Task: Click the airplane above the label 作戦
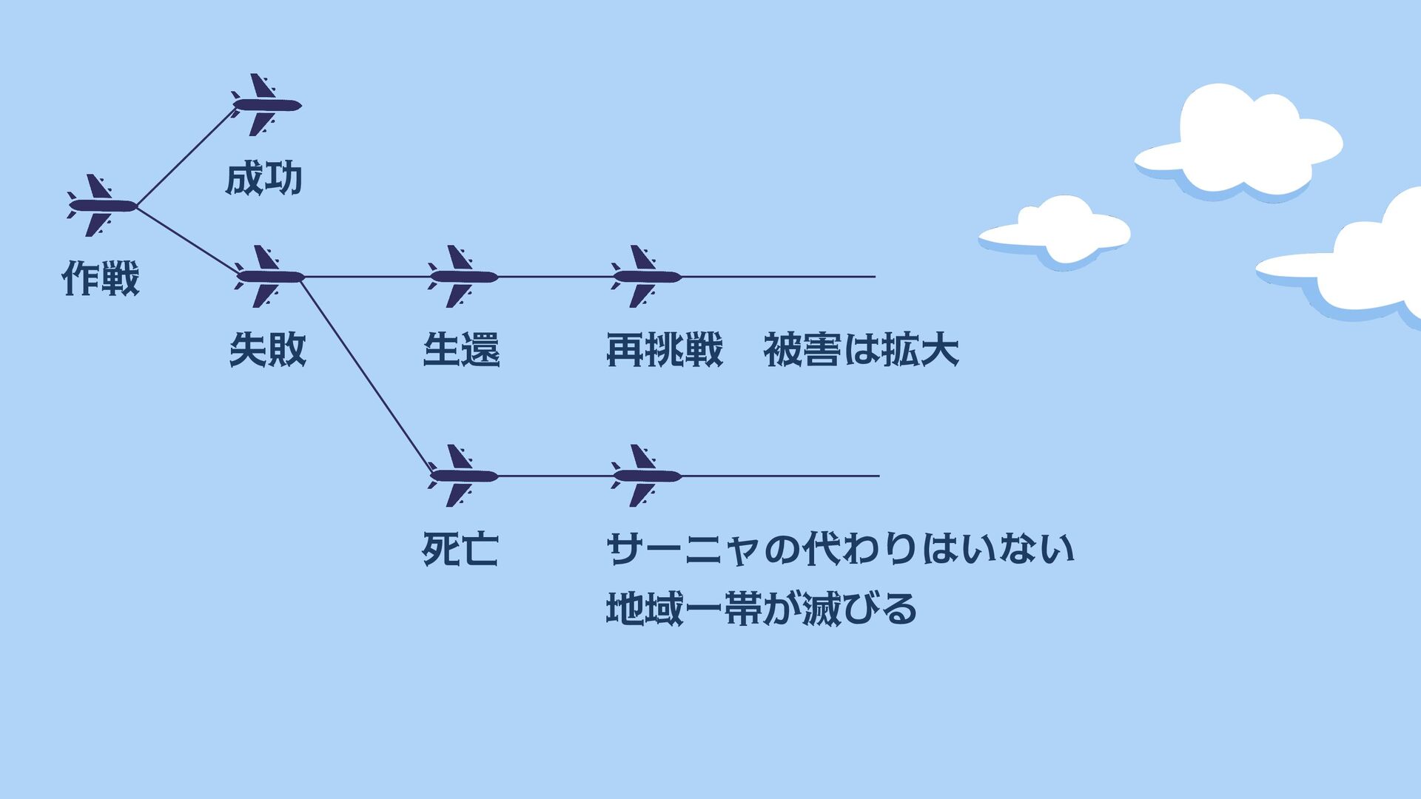click(x=101, y=206)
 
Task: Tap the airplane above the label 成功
click(x=266, y=105)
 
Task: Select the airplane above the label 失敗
click(x=269, y=277)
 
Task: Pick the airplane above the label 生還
click(x=463, y=277)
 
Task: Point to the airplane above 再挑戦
click(x=646, y=277)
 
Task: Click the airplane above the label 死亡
click(x=463, y=476)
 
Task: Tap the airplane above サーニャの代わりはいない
click(x=646, y=476)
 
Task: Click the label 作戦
click(x=101, y=279)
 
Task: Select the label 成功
click(x=264, y=179)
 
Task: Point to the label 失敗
click(x=268, y=350)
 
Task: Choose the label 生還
click(x=462, y=350)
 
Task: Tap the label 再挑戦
click(x=664, y=350)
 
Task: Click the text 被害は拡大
click(x=861, y=350)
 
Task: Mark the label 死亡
click(x=460, y=550)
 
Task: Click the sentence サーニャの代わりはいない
click(x=840, y=550)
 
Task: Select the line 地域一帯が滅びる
click(x=762, y=609)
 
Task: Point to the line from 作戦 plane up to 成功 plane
click(x=185, y=158)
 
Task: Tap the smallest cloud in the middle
click(x=1056, y=230)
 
